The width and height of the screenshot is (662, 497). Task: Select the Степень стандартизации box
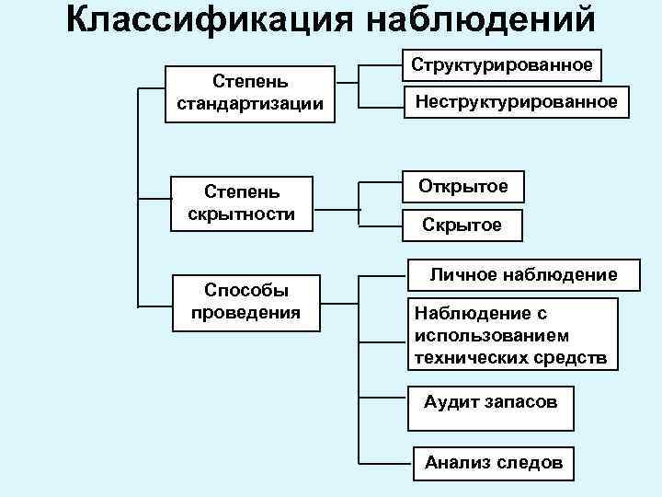point(249,93)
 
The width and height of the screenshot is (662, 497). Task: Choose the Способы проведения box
point(245,302)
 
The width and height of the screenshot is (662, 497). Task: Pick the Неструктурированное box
point(516,102)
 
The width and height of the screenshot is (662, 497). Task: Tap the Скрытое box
point(462,225)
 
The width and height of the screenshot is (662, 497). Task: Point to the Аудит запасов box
point(490,402)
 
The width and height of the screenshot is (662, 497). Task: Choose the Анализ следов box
point(493,463)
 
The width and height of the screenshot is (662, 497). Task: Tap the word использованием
point(492,336)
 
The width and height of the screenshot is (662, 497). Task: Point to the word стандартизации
point(249,104)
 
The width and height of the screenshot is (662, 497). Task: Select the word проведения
point(245,312)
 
